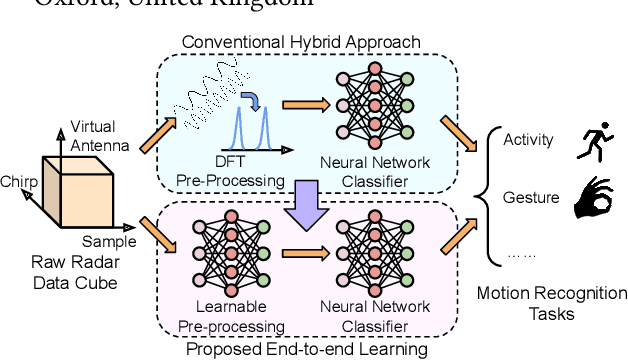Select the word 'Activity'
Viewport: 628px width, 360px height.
[x=527, y=140]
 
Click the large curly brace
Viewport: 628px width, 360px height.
[x=489, y=195]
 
